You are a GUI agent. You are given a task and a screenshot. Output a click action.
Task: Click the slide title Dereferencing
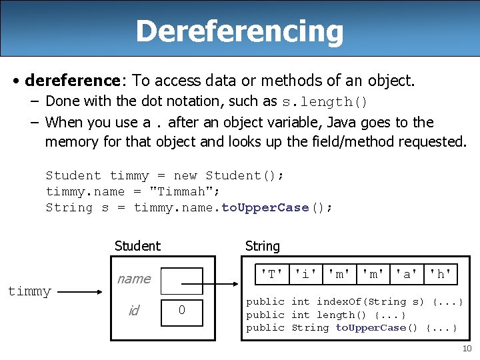coord(240,31)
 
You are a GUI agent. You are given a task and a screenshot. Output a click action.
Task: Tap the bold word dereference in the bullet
coord(71,81)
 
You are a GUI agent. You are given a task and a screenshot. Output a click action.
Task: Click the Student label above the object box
coord(137,246)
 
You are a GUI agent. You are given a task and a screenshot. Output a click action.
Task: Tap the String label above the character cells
coord(263,246)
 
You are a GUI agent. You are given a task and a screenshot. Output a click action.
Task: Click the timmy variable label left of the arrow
coord(29,291)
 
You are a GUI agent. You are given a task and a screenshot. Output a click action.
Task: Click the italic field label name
coord(134,279)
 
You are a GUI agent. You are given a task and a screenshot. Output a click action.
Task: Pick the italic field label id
coord(133,311)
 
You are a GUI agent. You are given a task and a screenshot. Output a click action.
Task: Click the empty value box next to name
coord(182,281)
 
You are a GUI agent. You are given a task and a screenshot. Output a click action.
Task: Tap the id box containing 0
coord(182,311)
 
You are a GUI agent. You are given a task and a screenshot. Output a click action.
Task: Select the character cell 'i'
coord(306,273)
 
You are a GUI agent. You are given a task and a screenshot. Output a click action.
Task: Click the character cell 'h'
coord(441,273)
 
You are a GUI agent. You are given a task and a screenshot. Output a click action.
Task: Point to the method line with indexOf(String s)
coord(355,302)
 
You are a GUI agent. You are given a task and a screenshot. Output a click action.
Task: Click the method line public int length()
coord(326,315)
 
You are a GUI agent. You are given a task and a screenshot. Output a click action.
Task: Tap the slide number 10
coord(467,349)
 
